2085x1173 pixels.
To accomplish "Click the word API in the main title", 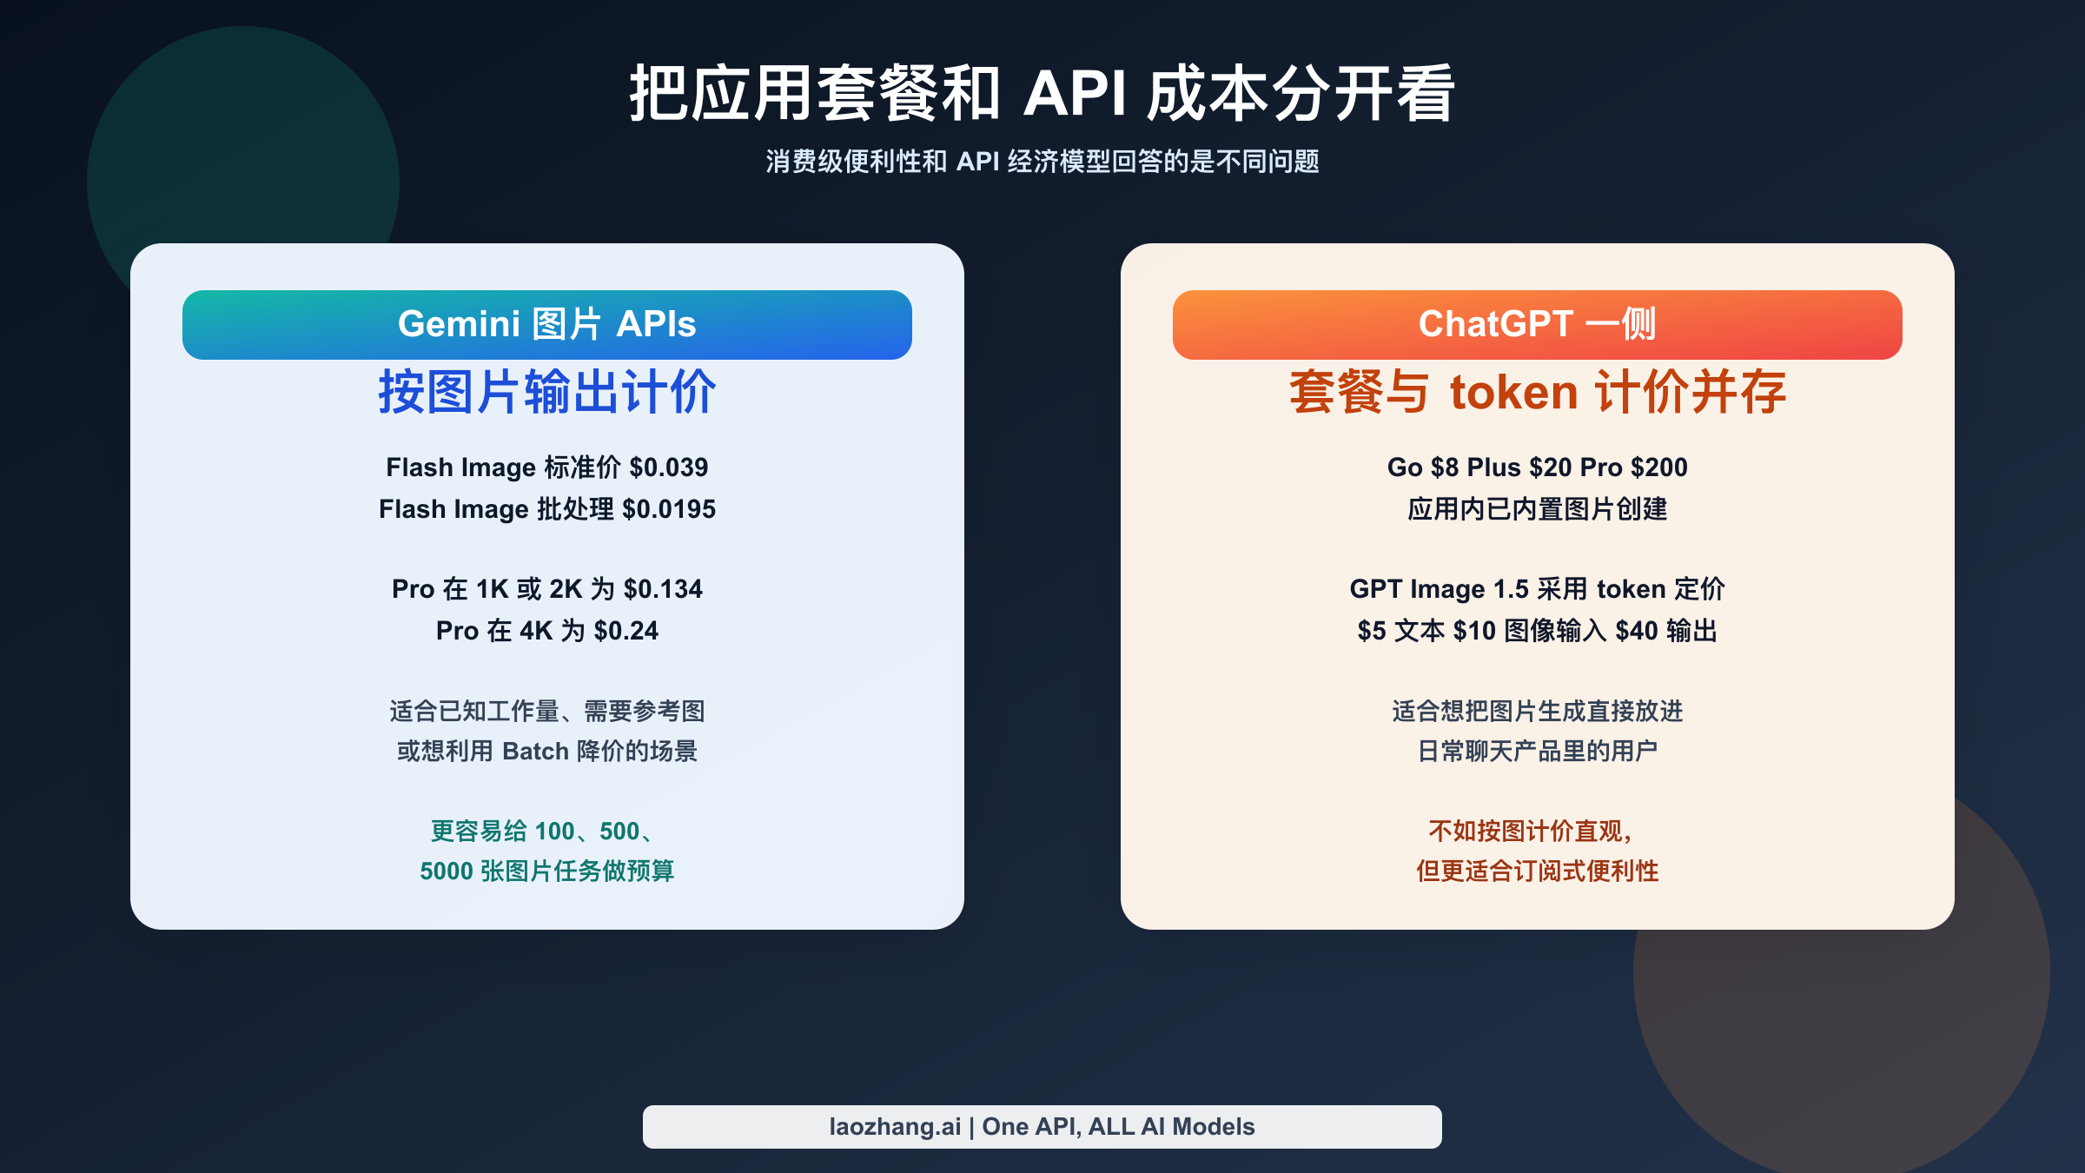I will pos(1076,94).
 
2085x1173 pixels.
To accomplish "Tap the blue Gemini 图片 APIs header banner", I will pos(547,325).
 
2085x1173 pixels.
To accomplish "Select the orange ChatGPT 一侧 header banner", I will pos(1537,325).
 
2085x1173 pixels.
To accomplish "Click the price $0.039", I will pos(669,467).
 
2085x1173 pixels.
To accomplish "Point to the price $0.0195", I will pos(669,509).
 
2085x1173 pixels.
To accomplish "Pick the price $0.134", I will pos(663,589).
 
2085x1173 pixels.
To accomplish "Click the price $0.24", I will pos(626,631).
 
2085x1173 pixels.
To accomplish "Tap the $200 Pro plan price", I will pos(1659,467).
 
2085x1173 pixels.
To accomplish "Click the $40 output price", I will pos(1636,631).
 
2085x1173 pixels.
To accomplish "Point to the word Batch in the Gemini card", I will pos(535,751).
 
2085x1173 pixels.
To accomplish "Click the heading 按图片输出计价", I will pos(547,392).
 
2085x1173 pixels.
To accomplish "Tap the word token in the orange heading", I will pos(1513,392).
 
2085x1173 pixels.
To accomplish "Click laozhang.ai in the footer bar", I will pos(895,1127).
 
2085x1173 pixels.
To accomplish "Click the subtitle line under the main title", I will pos(1042,162).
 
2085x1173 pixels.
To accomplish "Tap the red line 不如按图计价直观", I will pos(1530,831).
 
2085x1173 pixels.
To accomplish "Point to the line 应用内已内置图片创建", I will pos(1537,509).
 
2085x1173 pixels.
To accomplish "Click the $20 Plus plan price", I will pos(1550,467).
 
